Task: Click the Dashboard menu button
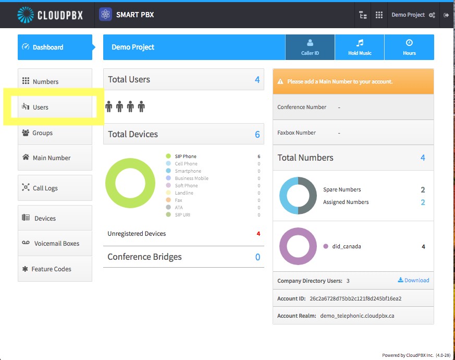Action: point(55,47)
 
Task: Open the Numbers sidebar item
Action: point(55,81)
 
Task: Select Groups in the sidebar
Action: point(55,133)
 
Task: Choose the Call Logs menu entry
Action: point(55,188)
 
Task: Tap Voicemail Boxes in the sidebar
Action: point(55,243)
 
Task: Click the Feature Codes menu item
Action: point(55,269)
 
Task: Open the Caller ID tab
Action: point(310,47)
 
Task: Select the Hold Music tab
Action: point(360,47)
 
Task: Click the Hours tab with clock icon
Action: point(409,47)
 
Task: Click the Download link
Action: point(413,280)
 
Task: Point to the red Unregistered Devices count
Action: point(259,234)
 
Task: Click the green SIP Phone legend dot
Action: point(168,157)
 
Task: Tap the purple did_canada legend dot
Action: point(326,246)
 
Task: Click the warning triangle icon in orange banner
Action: point(280,81)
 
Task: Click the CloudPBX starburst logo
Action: point(26,15)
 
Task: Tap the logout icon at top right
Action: point(446,15)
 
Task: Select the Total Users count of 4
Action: point(257,80)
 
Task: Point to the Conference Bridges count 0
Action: point(257,257)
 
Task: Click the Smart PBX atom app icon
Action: point(106,15)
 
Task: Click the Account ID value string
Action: point(355,298)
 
